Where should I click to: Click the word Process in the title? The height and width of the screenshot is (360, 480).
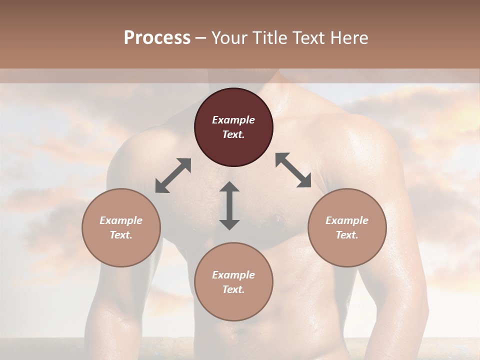click(157, 38)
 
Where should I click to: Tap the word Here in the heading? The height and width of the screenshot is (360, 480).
click(349, 38)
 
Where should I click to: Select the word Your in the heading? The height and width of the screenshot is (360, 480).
click(229, 38)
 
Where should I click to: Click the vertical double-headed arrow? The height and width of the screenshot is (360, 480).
click(229, 205)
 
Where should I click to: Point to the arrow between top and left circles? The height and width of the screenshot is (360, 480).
click(173, 175)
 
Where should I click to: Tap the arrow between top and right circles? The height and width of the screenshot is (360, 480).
click(293, 170)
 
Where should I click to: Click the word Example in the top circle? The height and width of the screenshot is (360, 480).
click(233, 120)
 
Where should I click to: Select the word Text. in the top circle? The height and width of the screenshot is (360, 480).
click(233, 134)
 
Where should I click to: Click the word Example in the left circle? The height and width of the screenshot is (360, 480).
click(121, 220)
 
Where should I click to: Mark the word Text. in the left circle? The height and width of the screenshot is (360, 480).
click(121, 235)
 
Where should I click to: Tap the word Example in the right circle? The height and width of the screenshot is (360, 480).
click(347, 220)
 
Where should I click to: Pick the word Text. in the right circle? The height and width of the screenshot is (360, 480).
click(347, 235)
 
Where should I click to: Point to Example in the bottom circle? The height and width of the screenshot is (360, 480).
click(233, 275)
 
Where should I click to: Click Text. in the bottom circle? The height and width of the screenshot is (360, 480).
click(233, 289)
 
